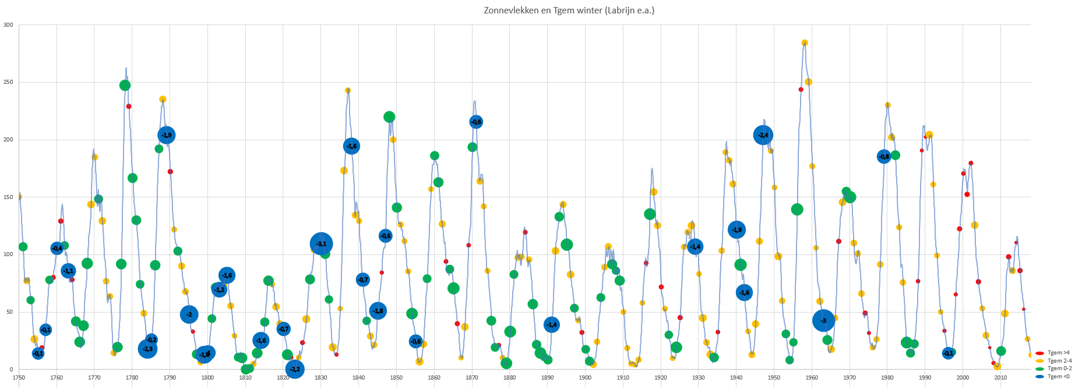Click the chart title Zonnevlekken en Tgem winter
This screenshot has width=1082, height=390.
569,10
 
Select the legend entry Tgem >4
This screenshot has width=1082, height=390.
1058,353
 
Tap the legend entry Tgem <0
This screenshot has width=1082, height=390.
1058,377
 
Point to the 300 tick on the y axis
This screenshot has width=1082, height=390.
8,25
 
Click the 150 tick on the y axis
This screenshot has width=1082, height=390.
8,197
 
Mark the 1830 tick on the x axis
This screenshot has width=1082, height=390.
320,378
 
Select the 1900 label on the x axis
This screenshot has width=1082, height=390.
585,378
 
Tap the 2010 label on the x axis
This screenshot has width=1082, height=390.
1000,378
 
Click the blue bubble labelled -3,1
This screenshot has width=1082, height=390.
321,244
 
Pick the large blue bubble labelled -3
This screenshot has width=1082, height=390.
823,320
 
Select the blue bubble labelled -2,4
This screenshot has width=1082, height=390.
763,135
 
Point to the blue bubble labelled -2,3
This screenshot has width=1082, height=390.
147,349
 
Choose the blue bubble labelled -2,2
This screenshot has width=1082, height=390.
295,369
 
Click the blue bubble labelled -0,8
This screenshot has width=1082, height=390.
884,157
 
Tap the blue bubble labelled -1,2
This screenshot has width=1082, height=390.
219,289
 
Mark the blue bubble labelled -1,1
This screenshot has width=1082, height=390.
68,271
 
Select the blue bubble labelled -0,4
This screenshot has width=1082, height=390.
57,249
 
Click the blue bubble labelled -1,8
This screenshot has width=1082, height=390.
378,311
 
